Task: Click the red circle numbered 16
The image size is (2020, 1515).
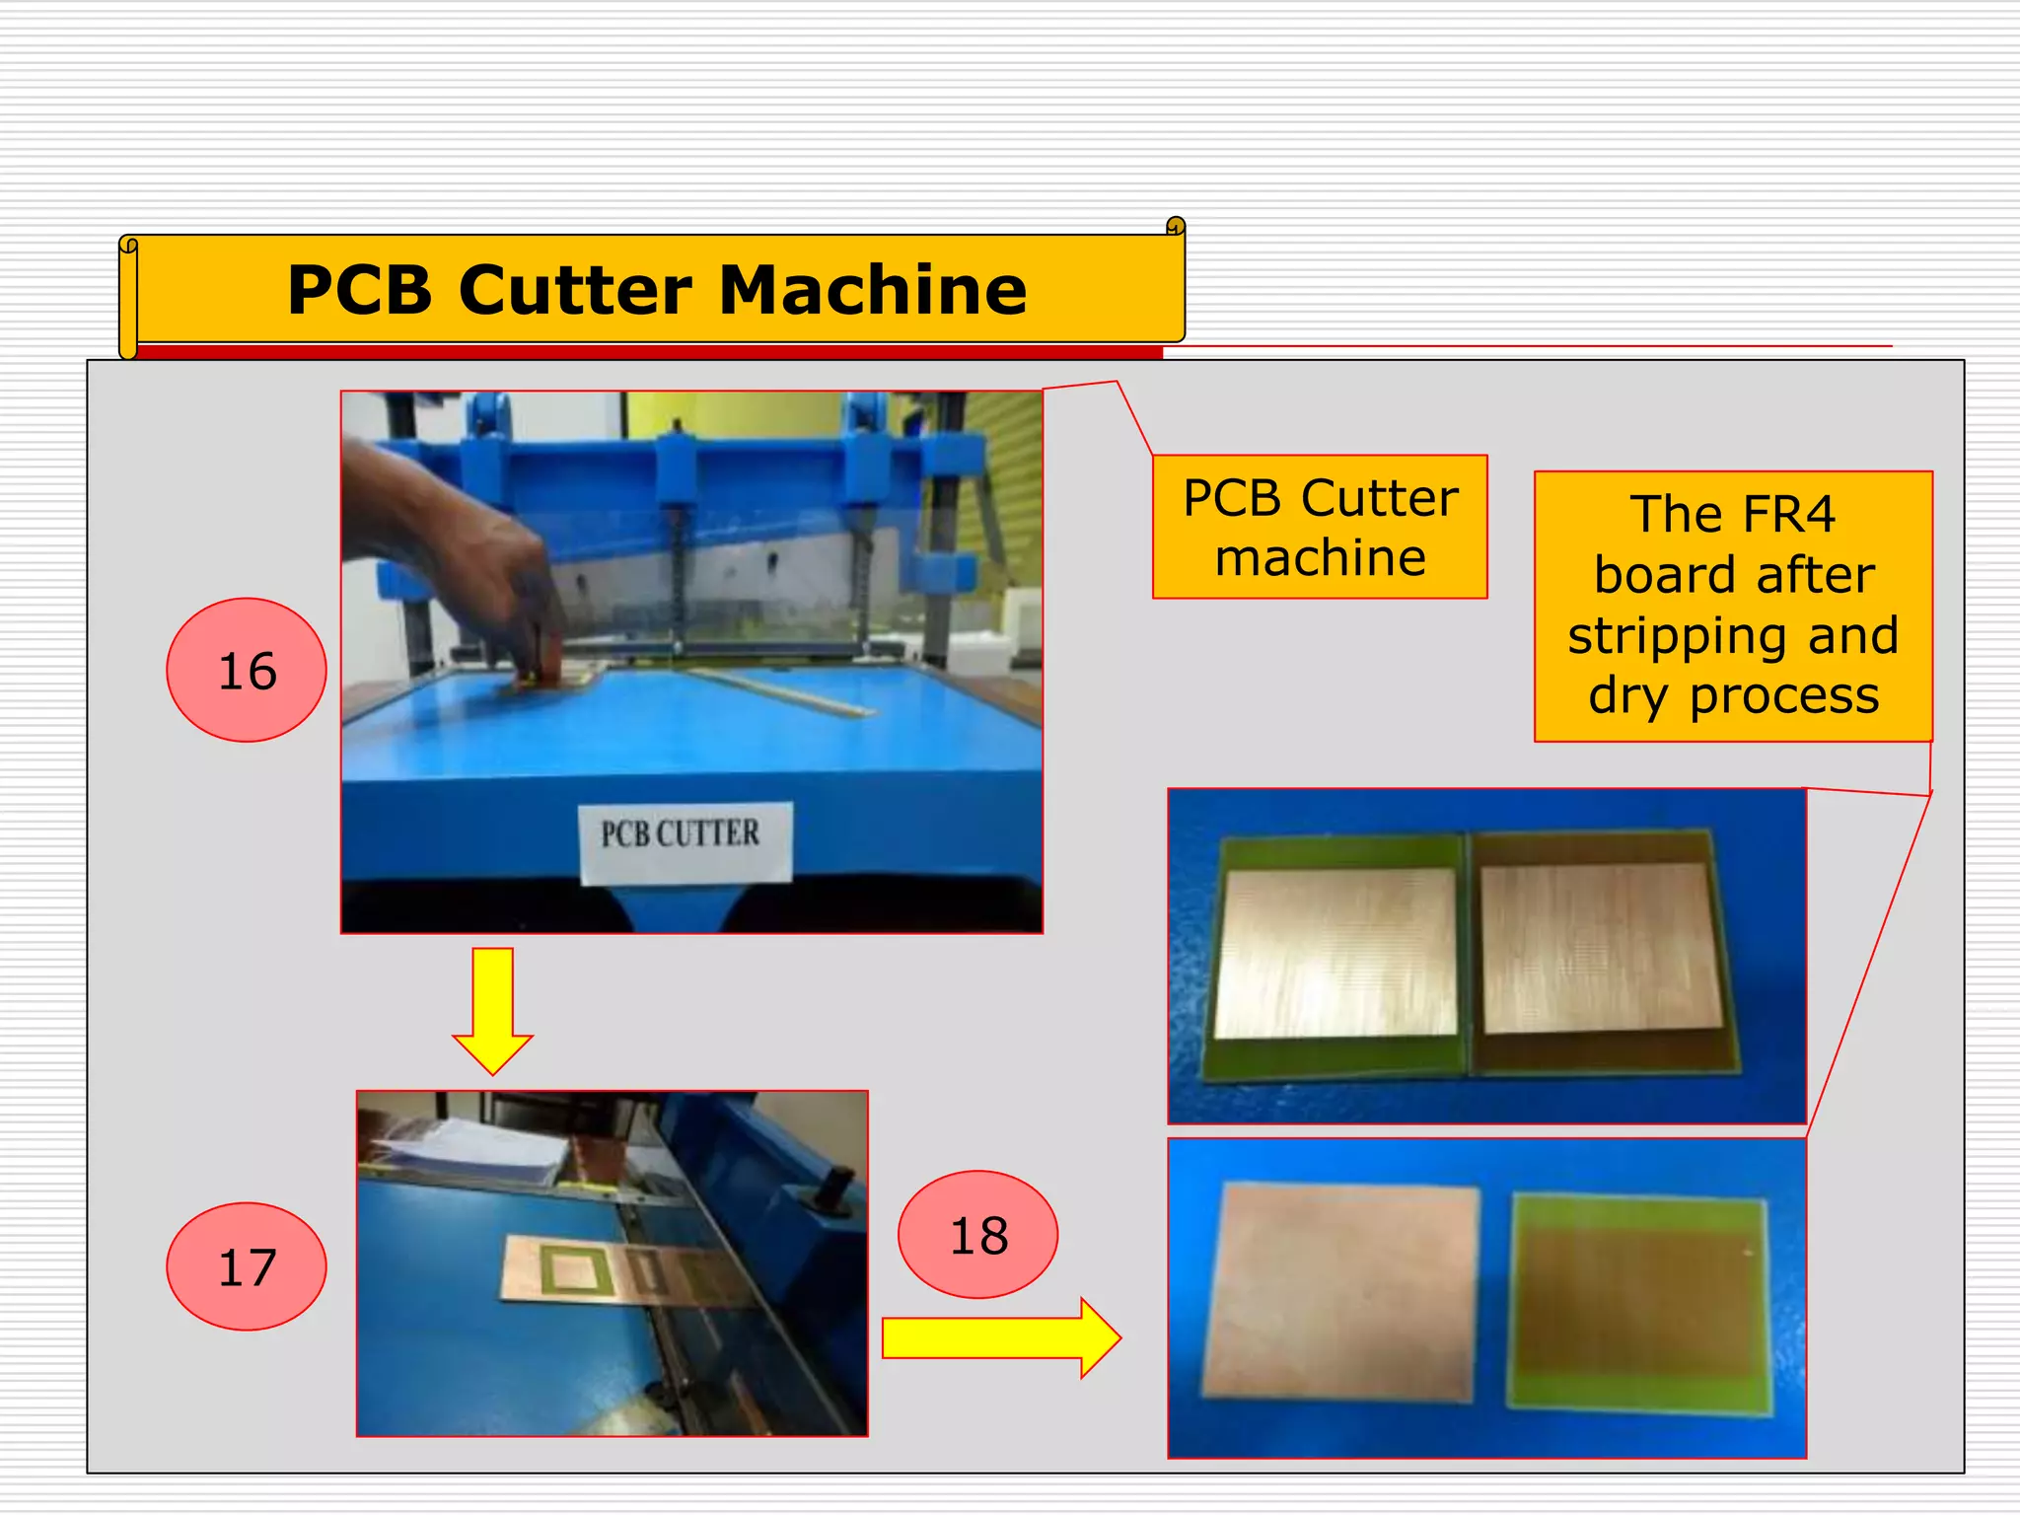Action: point(247,671)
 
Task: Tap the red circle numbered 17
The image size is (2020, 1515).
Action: point(247,1266)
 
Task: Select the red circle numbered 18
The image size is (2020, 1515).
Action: point(977,1235)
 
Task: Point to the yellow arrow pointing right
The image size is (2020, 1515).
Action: point(1000,1338)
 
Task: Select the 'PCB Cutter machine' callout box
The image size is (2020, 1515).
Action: point(1320,527)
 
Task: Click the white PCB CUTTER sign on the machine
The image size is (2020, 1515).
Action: point(683,836)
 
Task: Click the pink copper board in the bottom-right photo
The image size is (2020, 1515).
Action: point(1341,1292)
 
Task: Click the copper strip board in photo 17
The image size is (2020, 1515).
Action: point(612,1272)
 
